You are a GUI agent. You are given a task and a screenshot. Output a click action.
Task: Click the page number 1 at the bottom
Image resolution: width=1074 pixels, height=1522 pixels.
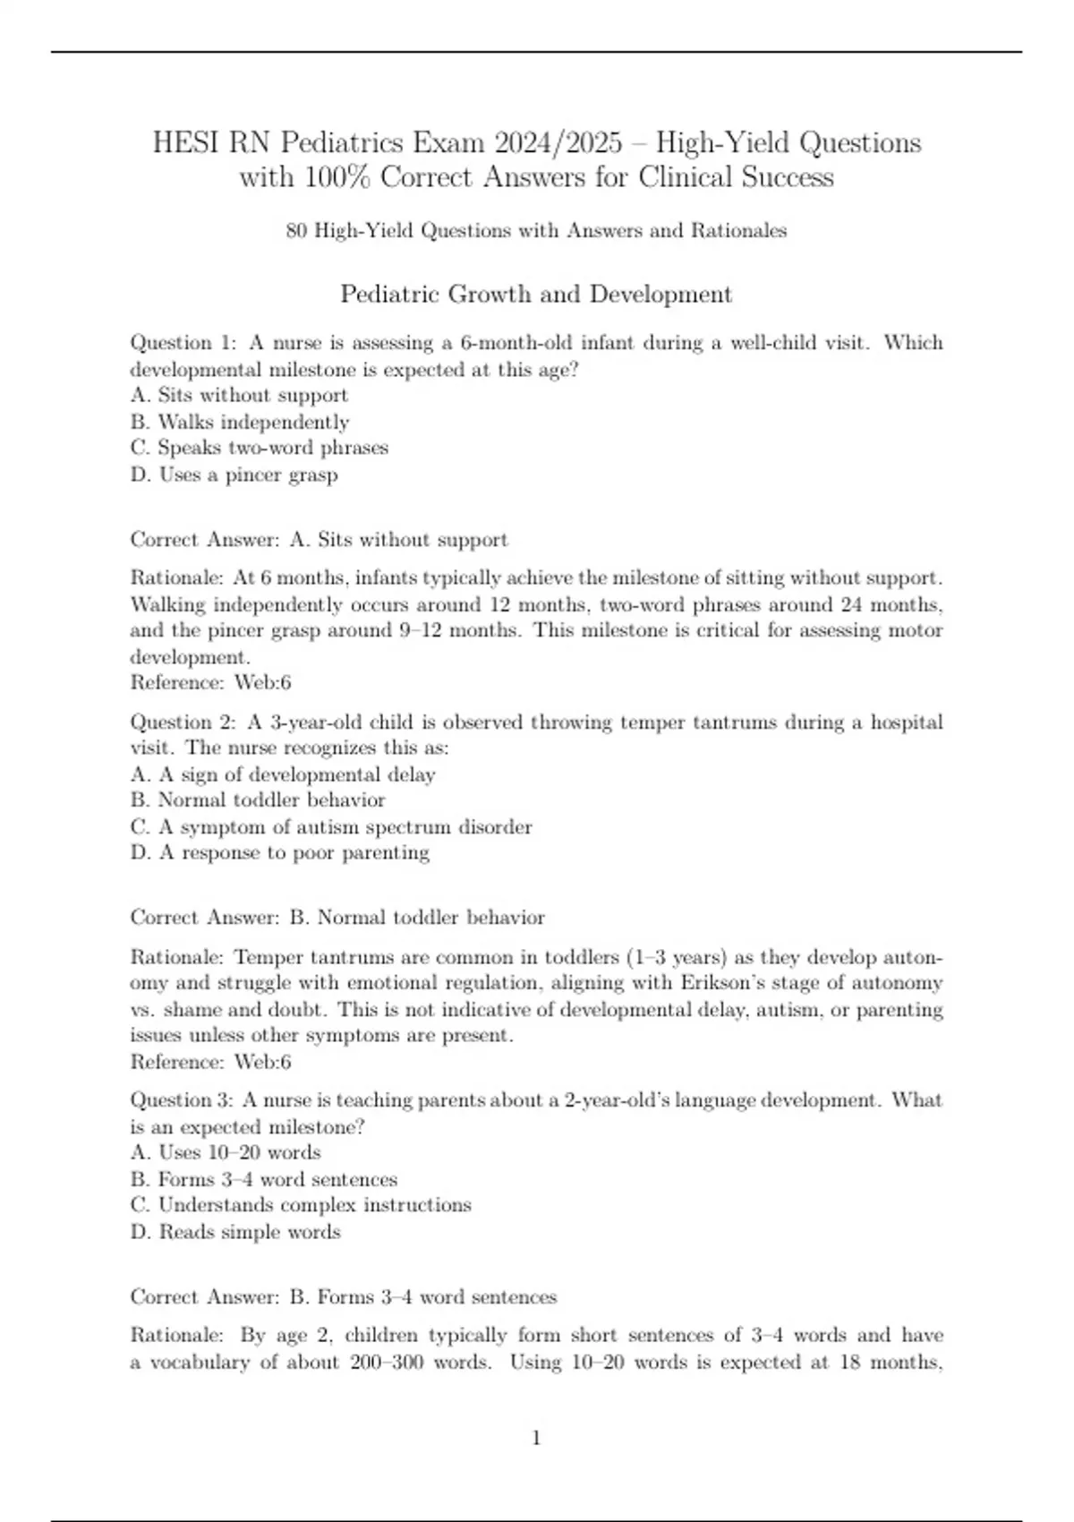[536, 1439]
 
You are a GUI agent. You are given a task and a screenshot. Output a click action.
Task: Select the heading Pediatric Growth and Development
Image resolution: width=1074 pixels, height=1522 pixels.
[536, 295]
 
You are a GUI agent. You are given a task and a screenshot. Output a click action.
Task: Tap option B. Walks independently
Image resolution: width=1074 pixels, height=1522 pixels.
[240, 422]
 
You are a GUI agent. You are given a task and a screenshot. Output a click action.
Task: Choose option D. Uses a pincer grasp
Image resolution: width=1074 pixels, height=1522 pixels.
[234, 475]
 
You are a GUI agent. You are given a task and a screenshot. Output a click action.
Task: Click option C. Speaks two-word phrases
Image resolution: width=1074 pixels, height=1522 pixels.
[260, 448]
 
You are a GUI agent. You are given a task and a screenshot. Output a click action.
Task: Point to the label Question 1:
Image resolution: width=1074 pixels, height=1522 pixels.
[183, 343]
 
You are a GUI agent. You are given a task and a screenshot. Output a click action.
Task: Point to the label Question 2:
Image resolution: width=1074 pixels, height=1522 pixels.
[183, 723]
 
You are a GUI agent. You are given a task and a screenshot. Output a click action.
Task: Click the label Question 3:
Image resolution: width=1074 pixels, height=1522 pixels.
[183, 1100]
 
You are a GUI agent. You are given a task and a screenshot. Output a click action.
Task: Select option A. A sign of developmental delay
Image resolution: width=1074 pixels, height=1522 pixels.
[283, 774]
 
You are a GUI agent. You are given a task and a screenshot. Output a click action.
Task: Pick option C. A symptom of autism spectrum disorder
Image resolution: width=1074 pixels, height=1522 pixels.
[331, 827]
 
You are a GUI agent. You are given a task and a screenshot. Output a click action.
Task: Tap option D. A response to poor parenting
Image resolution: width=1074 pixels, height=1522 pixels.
[280, 853]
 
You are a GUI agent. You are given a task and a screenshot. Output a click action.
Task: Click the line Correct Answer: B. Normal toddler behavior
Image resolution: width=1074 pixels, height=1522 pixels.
[337, 918]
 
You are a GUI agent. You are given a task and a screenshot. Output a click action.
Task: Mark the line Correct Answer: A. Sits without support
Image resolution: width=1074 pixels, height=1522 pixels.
[320, 540]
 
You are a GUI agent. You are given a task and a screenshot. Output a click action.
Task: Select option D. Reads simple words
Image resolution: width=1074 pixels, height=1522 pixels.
[235, 1232]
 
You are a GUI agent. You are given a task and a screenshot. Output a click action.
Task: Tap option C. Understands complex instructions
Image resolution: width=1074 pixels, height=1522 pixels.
[301, 1205]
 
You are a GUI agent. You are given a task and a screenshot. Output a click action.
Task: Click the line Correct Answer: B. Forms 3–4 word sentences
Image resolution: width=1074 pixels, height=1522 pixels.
[344, 1297]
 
